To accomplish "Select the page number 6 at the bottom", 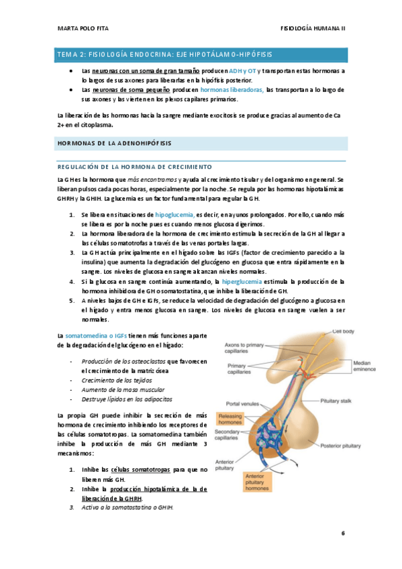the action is (342, 533).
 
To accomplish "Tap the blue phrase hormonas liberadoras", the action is (232, 89).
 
